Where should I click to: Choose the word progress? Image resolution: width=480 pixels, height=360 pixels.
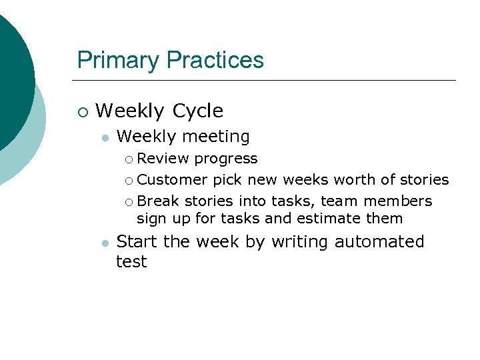tap(225, 159)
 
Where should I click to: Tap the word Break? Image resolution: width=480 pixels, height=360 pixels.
tap(158, 201)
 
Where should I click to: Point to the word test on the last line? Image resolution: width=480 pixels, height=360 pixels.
tap(131, 262)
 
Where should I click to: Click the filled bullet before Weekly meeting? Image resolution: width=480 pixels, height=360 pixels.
tap(104, 138)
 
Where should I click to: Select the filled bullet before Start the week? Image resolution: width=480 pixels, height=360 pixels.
tap(104, 243)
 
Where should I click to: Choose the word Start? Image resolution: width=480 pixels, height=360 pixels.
tap(138, 241)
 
